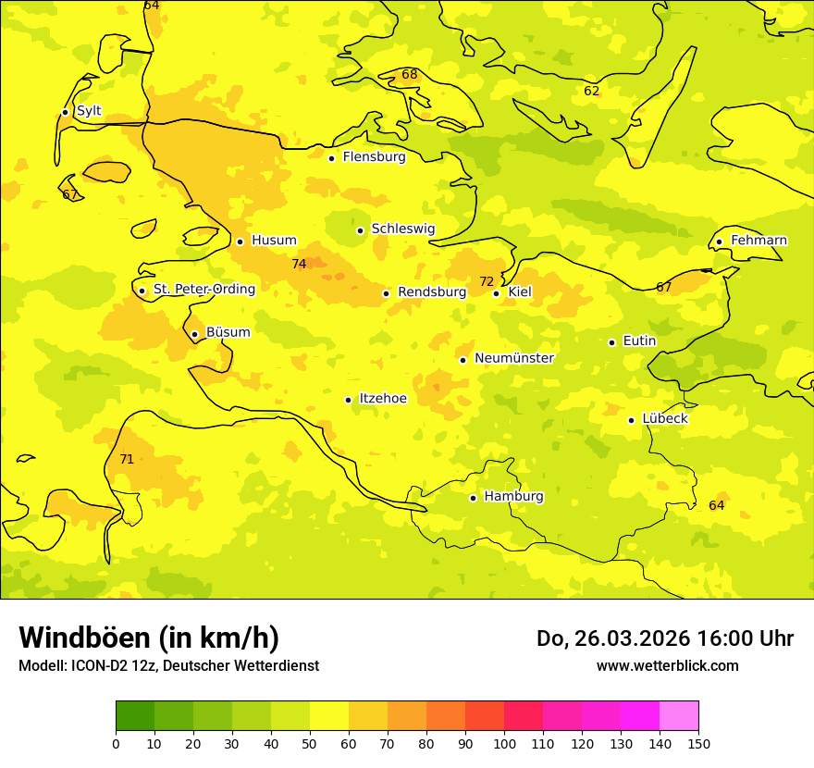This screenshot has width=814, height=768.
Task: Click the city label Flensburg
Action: tap(374, 157)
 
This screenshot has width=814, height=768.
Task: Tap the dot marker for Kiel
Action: tap(497, 293)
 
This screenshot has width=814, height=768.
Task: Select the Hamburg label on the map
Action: tap(513, 497)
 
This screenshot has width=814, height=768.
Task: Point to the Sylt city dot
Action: tap(65, 112)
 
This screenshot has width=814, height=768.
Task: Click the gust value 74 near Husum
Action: tap(299, 265)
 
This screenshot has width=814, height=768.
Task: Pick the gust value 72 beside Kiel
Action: tap(487, 281)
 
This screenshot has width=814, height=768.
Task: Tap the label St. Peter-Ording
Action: tap(203, 290)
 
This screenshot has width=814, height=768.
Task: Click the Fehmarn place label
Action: tap(758, 241)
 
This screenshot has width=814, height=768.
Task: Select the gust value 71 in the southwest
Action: tap(127, 459)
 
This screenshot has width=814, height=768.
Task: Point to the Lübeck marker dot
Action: tap(632, 420)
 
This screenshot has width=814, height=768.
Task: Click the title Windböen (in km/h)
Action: tap(149, 638)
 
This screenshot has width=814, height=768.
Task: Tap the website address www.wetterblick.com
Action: tap(667, 665)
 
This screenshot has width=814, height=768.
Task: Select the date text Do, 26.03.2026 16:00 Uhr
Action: tap(664, 638)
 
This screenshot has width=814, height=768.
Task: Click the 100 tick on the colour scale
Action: tap(504, 743)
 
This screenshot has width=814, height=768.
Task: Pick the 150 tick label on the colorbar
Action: tap(698, 743)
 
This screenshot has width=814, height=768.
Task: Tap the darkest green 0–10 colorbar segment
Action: tap(135, 715)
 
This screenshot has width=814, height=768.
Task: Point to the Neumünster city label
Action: tap(513, 358)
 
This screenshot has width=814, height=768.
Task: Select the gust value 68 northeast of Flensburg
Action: tap(410, 74)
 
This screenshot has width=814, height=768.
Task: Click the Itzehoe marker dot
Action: tap(349, 400)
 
